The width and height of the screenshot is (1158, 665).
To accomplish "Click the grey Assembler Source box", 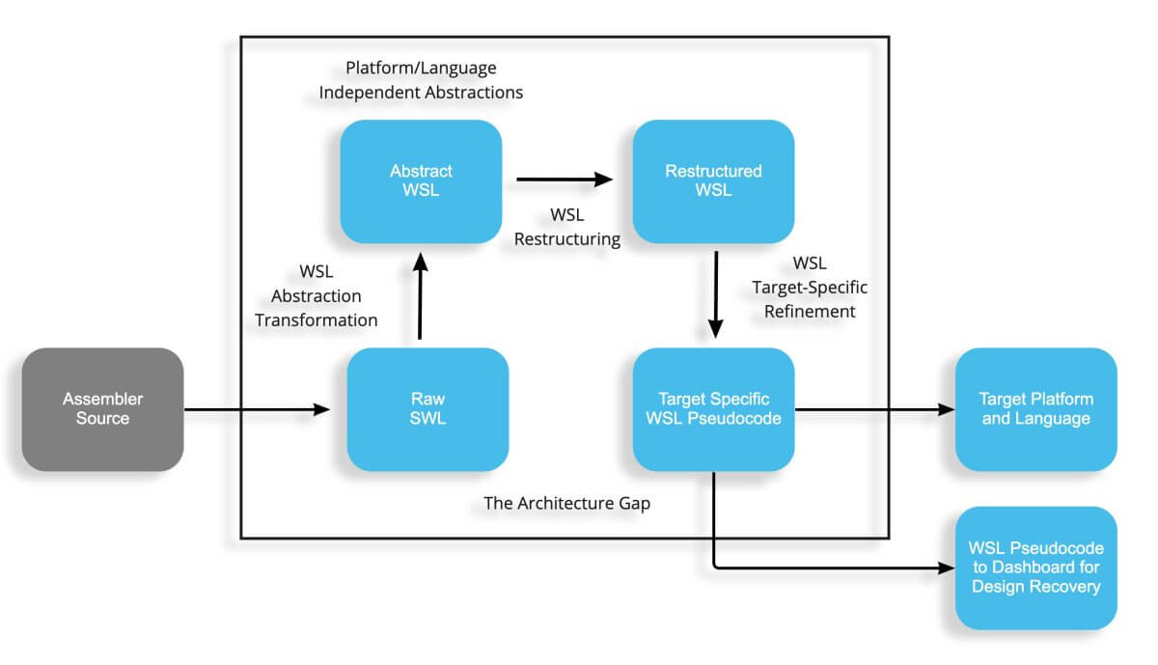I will click(102, 409).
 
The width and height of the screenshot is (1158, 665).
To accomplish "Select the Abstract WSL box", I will click(421, 180).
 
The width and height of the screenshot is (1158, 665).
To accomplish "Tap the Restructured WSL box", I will click(713, 180).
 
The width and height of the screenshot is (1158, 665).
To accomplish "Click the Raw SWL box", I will click(427, 409).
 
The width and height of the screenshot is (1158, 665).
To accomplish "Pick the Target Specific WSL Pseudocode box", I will click(713, 409).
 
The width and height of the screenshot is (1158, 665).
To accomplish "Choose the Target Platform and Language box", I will click(1035, 409).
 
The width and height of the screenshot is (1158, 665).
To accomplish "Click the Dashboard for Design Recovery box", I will click(1035, 568).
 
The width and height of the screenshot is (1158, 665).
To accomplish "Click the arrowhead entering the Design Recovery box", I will click(944, 568).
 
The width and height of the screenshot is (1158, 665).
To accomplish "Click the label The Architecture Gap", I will click(566, 502).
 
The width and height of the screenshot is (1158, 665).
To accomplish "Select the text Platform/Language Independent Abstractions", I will click(421, 81).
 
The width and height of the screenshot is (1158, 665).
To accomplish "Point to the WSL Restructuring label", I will click(566, 226).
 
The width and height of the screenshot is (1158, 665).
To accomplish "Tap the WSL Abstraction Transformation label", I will click(317, 295).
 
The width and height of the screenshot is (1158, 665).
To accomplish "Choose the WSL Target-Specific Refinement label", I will click(809, 287).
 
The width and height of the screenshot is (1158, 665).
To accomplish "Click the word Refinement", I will click(809, 311).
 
